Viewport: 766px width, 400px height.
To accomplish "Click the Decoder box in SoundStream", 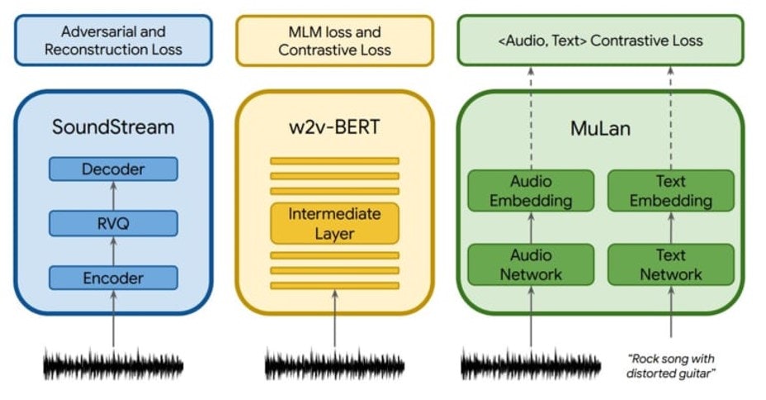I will (113, 169).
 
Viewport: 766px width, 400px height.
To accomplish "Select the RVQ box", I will (113, 223).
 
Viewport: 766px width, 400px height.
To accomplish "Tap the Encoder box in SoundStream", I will (113, 278).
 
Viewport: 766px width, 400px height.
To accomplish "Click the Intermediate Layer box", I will (334, 223).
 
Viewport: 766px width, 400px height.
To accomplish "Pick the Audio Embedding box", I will (531, 190).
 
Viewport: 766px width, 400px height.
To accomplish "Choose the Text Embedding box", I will (671, 190).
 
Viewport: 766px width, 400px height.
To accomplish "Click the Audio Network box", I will (531, 264).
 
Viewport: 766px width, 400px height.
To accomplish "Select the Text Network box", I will (671, 264).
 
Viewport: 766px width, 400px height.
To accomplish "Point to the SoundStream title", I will (113, 127).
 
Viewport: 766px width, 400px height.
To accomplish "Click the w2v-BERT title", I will (334, 127).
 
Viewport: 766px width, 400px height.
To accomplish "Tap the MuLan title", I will (600, 127).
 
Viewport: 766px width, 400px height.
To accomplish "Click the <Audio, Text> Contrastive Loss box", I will (600, 40).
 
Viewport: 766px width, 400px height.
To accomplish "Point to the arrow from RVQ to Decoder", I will (113, 196).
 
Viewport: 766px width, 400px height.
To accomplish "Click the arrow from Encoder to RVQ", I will (113, 250).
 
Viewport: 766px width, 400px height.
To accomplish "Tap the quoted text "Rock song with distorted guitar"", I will (671, 365).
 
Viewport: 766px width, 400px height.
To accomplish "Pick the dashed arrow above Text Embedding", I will (671, 116).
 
